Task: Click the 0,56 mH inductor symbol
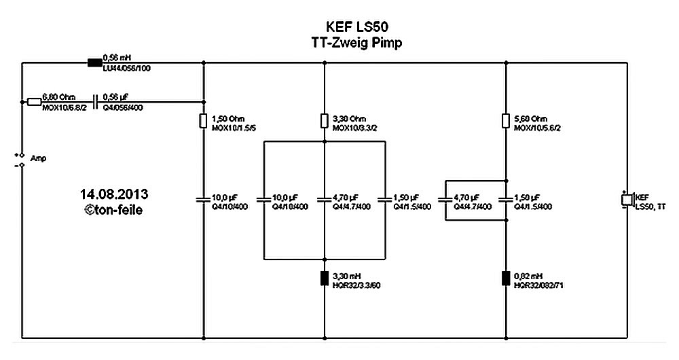94,63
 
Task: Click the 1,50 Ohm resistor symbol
204,121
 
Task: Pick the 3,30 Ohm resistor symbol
324,121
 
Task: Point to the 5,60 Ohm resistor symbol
505,121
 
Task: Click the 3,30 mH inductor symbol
324,279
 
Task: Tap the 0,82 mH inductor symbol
505,279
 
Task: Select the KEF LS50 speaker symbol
627,200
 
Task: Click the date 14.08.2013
113,193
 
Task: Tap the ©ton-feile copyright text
113,209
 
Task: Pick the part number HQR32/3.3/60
356,285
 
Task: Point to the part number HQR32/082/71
540,285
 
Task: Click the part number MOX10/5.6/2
537,127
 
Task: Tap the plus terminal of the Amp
22,154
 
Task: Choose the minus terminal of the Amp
22,164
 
